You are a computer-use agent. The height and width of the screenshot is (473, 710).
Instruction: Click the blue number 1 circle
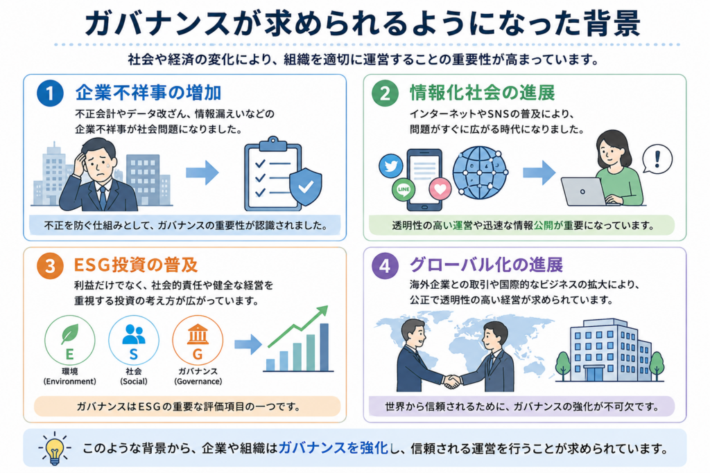[x=50, y=93]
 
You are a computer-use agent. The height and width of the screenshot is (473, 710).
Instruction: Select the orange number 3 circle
[x=50, y=265]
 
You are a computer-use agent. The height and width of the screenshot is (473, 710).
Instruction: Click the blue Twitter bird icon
[x=391, y=166]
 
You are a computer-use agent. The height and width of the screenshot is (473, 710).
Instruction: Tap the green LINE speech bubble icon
[x=404, y=190]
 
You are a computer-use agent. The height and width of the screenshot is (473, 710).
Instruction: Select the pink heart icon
[x=440, y=188]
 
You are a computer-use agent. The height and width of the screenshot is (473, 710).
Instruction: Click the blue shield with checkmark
[x=306, y=186]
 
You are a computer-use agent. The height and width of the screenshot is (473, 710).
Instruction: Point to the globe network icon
[x=480, y=172]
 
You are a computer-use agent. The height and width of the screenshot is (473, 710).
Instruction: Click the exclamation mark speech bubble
[x=657, y=159]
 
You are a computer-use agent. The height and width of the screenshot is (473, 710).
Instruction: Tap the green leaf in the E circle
[x=70, y=334]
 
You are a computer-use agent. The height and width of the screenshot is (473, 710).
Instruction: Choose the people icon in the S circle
[x=134, y=334]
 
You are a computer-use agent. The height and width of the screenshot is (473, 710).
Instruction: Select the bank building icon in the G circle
[x=198, y=334]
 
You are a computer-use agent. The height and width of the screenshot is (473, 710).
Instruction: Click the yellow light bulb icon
[x=54, y=449]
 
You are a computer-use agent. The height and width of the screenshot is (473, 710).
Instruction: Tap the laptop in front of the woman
[x=583, y=192]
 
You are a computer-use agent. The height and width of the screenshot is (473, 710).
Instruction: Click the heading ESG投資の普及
[x=136, y=265]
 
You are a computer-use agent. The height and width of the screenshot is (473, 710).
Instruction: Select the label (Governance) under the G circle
[x=198, y=381]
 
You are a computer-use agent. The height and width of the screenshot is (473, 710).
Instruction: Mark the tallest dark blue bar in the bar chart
[x=324, y=347]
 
